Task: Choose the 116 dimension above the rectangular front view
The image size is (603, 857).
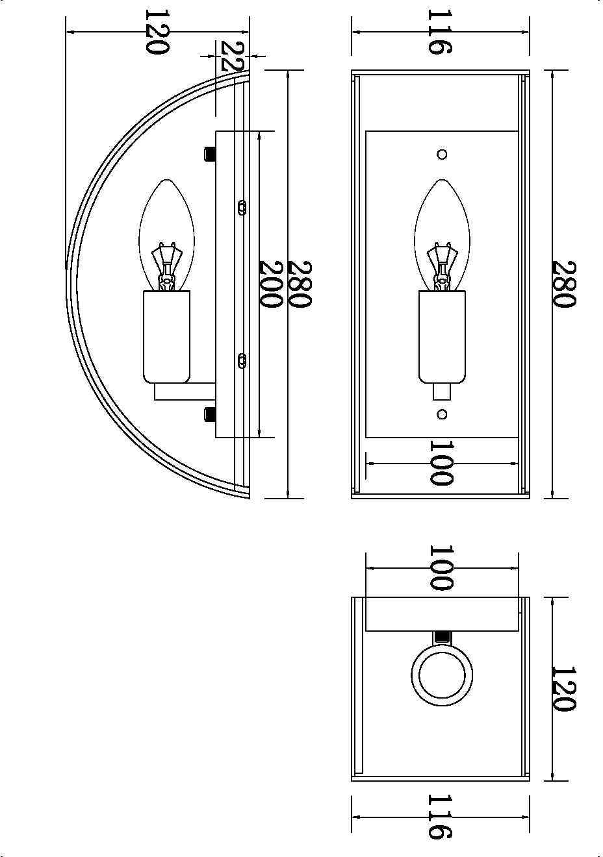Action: click(x=440, y=32)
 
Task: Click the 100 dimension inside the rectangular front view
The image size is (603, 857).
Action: click(x=441, y=463)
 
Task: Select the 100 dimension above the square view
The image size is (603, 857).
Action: click(x=441, y=567)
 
